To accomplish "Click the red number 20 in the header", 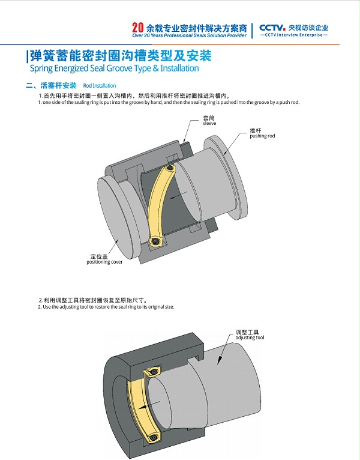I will [137, 28].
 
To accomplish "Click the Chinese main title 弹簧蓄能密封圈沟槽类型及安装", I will [121, 56].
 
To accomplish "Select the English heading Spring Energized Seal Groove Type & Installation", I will [114, 68].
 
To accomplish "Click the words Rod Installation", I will [100, 86].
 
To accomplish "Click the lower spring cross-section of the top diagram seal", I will [154, 242].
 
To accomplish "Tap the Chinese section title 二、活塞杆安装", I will [52, 86].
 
